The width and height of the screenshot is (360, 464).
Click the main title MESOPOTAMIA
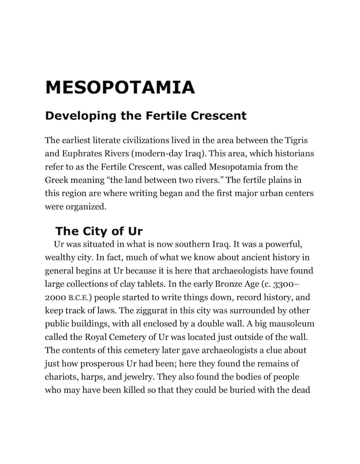coord(120,87)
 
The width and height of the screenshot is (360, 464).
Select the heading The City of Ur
coord(99,231)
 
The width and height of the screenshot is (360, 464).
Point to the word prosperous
coord(102,364)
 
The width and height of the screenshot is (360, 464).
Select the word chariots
coord(61,377)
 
